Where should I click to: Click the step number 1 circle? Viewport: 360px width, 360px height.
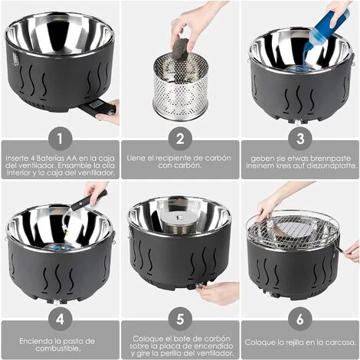(60, 139)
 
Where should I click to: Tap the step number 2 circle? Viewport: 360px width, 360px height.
(180, 139)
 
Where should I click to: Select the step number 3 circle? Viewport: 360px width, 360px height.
(300, 139)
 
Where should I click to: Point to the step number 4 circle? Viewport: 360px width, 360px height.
(60, 319)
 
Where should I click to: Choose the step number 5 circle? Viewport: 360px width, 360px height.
(180, 319)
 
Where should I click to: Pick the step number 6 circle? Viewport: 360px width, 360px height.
(300, 319)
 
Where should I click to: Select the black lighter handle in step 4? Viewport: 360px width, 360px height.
(89, 201)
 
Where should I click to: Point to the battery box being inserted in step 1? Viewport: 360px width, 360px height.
(98, 108)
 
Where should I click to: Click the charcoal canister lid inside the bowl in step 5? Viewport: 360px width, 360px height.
(178, 218)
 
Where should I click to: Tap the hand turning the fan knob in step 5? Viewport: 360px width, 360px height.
(218, 293)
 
